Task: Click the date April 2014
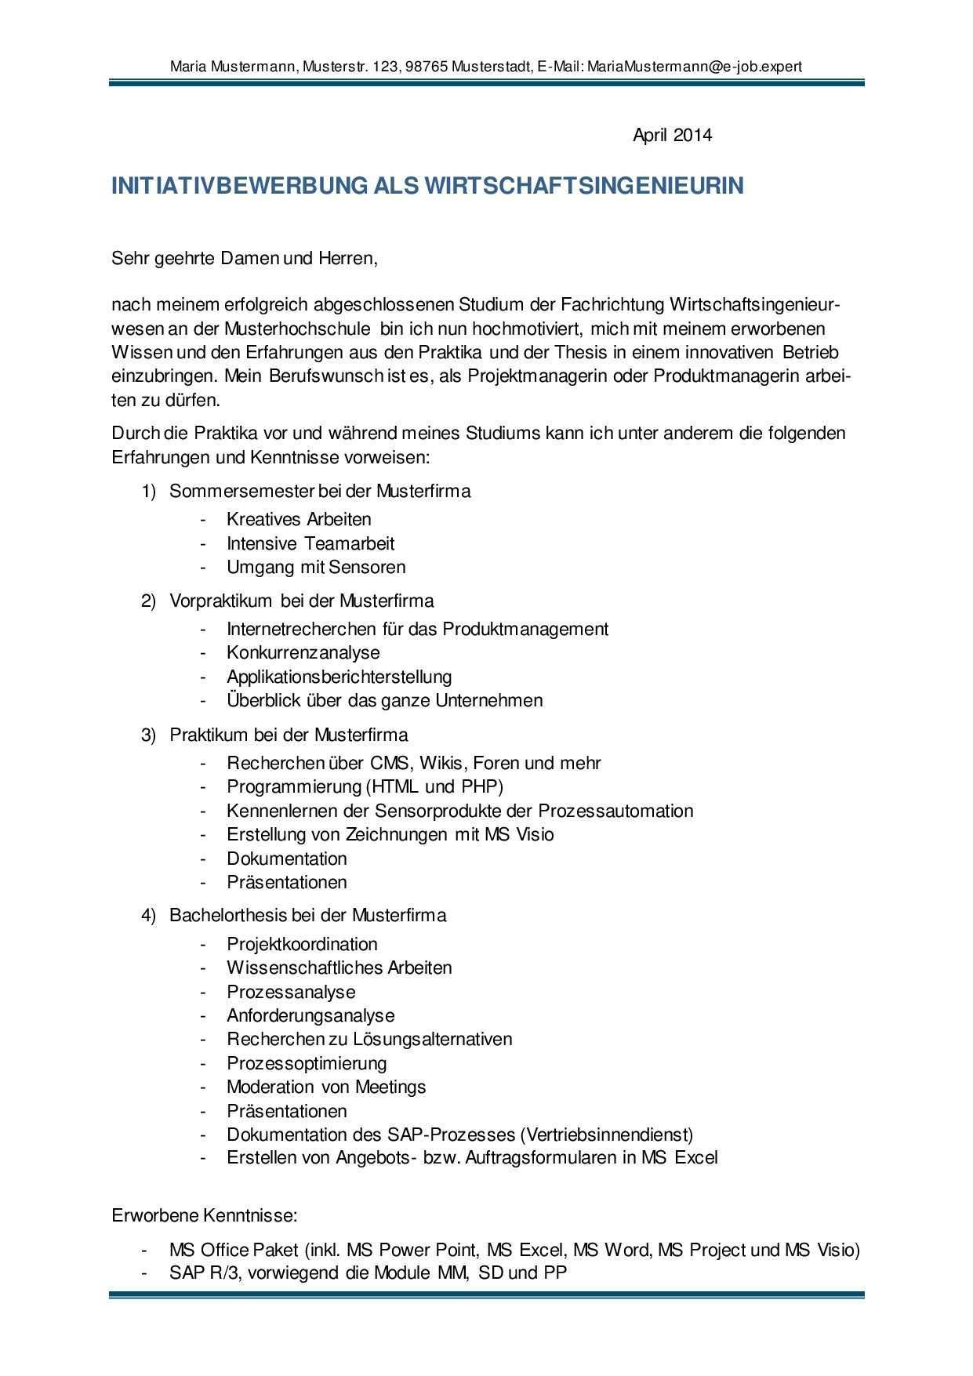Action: point(672,135)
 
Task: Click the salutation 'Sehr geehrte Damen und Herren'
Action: point(245,258)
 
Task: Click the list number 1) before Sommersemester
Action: point(149,492)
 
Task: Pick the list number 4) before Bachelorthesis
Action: point(149,916)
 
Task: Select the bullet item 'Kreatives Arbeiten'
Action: point(299,519)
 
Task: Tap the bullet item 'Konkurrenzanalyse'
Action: point(303,652)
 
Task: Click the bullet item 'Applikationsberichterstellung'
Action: point(339,677)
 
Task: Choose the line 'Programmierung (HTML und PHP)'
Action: point(365,786)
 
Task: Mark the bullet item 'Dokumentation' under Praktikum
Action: point(286,859)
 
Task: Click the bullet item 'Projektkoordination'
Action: point(302,944)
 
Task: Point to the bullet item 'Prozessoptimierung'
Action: point(307,1063)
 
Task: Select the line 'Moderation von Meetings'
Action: point(326,1087)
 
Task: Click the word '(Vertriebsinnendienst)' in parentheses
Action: point(606,1135)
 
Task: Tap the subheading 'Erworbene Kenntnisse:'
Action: point(205,1216)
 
